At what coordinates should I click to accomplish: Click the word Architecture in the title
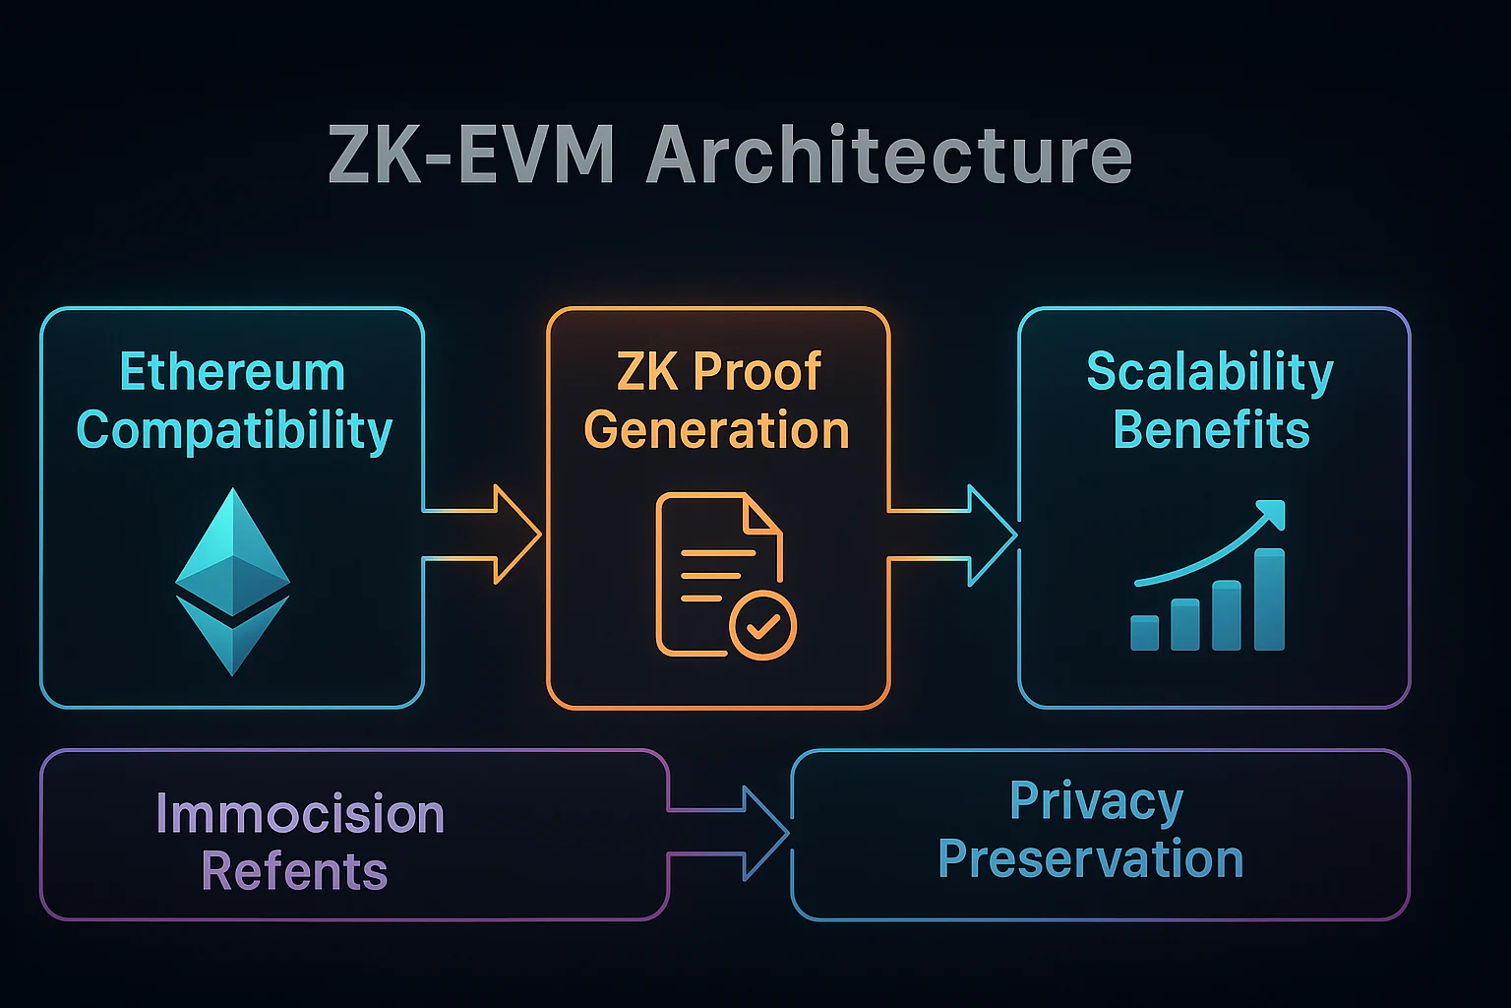tap(889, 156)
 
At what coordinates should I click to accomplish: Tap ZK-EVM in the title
tap(471, 156)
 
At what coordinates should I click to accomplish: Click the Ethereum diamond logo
tap(232, 581)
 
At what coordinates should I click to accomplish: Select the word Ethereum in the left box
tap(232, 373)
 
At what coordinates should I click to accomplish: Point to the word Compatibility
tap(234, 431)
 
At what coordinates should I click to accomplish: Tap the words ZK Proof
tap(718, 372)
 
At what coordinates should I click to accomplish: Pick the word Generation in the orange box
tap(716, 431)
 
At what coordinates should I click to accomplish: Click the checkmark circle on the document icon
tap(762, 625)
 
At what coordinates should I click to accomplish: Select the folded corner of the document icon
tap(762, 516)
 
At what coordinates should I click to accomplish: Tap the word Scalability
tap(1210, 372)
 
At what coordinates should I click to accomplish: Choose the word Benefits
tap(1211, 431)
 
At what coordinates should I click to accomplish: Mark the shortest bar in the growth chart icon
tap(1144, 632)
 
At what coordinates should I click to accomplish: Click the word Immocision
tap(300, 815)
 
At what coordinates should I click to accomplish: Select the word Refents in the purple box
tap(294, 872)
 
